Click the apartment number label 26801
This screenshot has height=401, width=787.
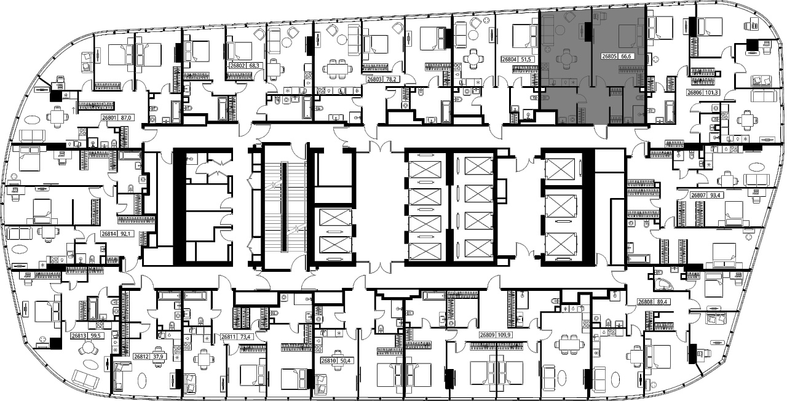[109, 118]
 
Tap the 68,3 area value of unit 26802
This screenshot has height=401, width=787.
[255, 65]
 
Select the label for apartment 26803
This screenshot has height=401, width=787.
[374, 79]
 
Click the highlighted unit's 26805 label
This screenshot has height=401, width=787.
[609, 56]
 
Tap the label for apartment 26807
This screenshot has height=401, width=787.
[698, 196]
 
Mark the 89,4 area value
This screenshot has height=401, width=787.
[661, 302]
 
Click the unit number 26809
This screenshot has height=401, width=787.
[488, 335]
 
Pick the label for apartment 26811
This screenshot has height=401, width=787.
[228, 336]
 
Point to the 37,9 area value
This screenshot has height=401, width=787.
[159, 357]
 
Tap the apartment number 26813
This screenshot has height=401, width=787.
[79, 336]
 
